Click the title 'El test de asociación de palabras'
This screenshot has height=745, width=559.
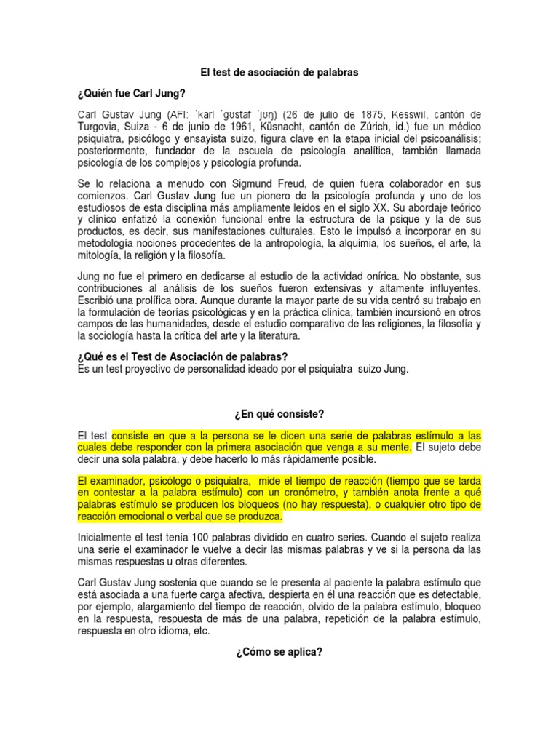pyautogui.click(x=279, y=73)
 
